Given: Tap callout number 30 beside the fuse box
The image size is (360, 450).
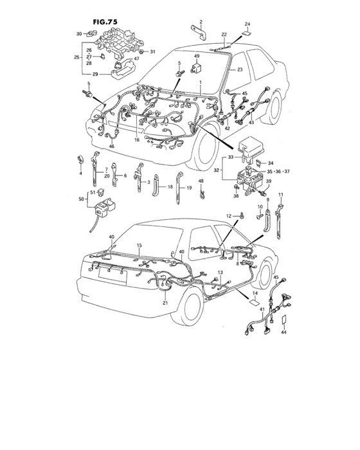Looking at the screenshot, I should click(79, 33).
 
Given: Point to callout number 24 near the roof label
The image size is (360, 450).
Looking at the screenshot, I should click(247, 24).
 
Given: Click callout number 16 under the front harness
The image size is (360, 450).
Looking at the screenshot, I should click(136, 139).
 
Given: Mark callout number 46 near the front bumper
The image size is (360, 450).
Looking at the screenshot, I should click(112, 147).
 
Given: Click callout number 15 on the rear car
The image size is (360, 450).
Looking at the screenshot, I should click(139, 246).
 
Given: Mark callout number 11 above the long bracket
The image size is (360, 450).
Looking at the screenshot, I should click(280, 194).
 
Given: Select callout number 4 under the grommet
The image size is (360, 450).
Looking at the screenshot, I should click(81, 174).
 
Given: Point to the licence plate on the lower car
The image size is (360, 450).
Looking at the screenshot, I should click(110, 274).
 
